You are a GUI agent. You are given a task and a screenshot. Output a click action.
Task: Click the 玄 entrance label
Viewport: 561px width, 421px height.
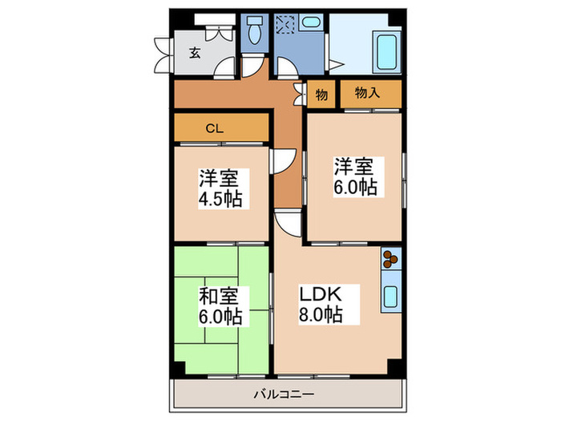coord(195,54)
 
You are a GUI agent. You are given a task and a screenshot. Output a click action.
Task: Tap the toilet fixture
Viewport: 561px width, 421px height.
coord(256,32)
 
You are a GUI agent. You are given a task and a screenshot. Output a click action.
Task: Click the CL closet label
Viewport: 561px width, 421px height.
coord(213,128)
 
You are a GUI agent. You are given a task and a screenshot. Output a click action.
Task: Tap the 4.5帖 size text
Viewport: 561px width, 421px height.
coord(221,197)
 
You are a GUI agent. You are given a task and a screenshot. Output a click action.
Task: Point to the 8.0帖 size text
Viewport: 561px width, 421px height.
coord(321,314)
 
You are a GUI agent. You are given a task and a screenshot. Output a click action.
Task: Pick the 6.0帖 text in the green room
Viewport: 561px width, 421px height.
coord(221,315)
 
